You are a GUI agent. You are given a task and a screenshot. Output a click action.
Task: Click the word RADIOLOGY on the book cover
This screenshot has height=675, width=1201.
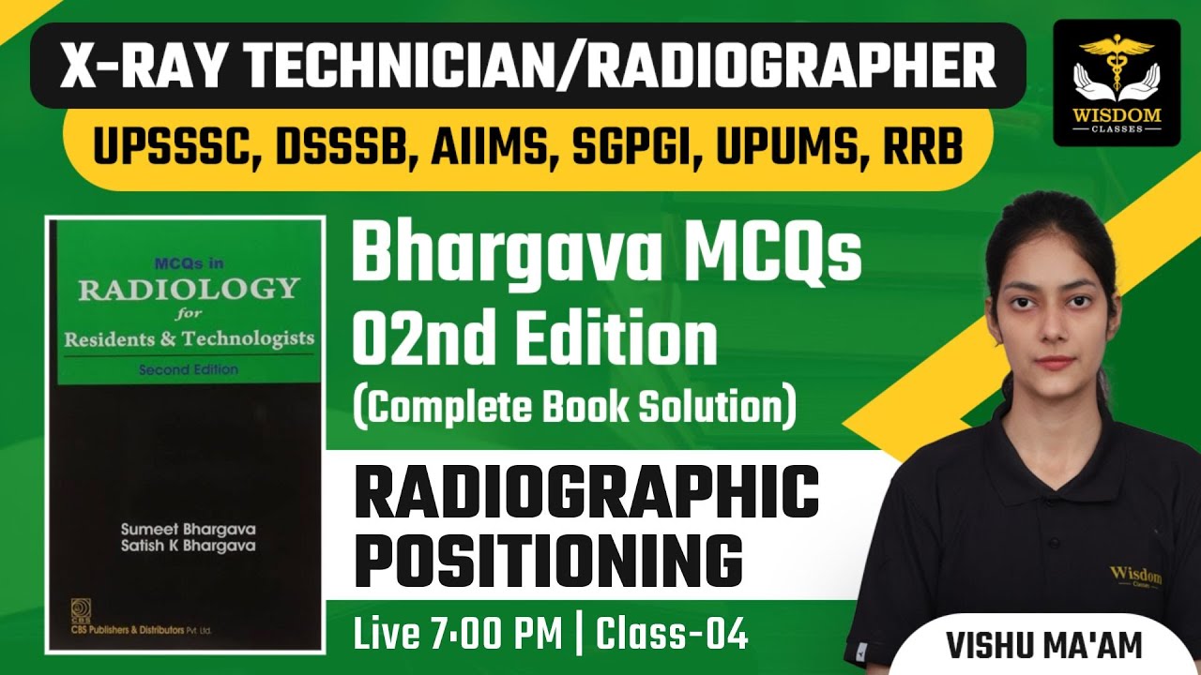(x=189, y=288)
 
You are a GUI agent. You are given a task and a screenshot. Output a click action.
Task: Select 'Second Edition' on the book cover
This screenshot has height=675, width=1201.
(x=188, y=369)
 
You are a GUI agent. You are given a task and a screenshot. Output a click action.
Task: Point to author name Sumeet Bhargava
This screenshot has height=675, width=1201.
(x=189, y=528)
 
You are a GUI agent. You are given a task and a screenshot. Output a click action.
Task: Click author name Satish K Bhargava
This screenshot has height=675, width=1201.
(x=189, y=546)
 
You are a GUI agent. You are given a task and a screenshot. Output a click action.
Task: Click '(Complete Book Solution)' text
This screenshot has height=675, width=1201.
(x=574, y=407)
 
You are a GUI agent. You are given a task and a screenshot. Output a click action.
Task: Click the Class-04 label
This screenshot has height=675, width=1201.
(x=674, y=635)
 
